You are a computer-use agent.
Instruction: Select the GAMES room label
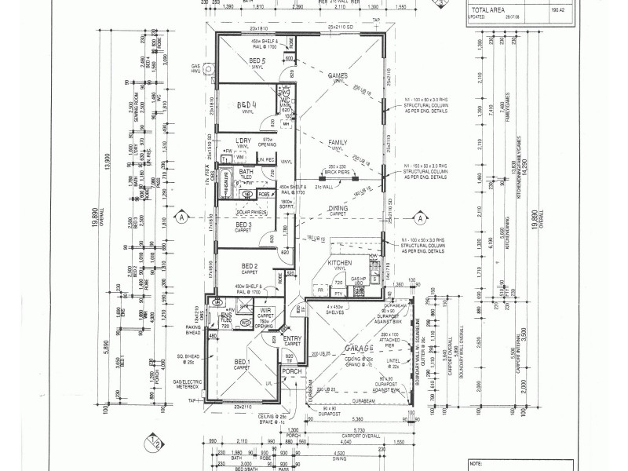[339, 75]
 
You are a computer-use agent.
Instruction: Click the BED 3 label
[244, 226]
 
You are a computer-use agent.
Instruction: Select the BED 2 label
[250, 265]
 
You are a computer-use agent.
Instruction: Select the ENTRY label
[292, 338]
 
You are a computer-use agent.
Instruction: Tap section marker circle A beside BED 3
[182, 217]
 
